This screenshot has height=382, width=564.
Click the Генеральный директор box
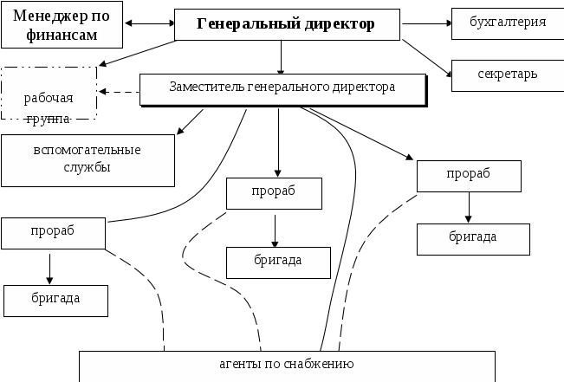(x=287, y=24)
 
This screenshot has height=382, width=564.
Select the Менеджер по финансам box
(x=61, y=24)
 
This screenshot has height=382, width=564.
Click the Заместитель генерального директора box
(x=282, y=87)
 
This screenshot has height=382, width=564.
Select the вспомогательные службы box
(x=87, y=159)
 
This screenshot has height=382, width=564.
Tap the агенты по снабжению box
(x=286, y=364)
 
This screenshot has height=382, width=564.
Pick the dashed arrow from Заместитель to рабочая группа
(x=118, y=90)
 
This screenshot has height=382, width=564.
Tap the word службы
(x=87, y=167)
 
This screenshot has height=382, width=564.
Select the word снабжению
(x=319, y=364)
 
